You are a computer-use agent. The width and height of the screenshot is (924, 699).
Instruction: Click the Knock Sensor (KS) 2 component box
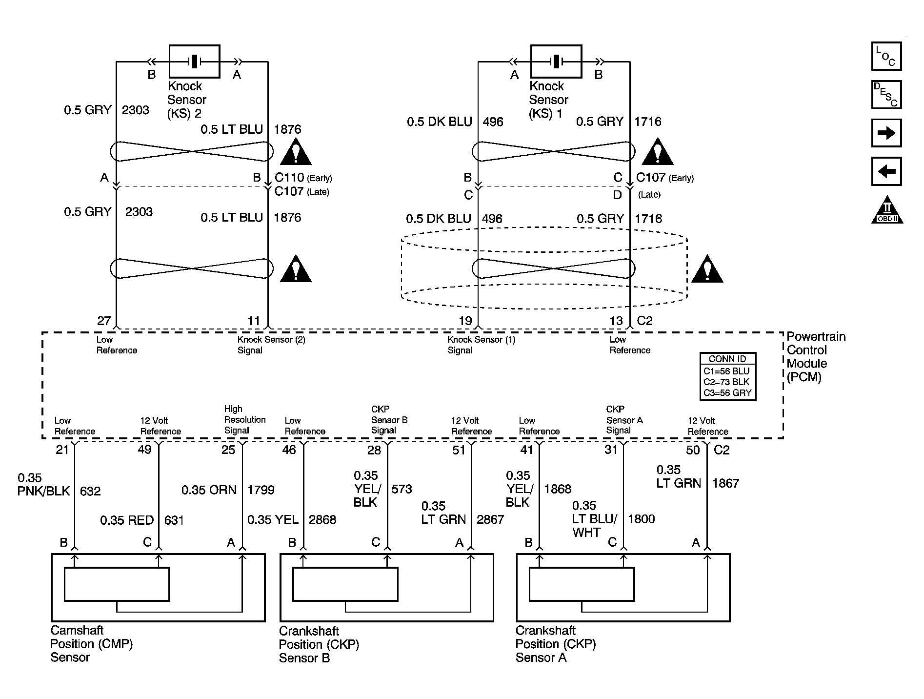194,62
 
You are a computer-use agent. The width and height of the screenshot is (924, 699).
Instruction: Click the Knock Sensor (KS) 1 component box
556,62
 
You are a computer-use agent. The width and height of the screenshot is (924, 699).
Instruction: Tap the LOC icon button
886,56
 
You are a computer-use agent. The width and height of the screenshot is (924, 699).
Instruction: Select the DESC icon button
886,94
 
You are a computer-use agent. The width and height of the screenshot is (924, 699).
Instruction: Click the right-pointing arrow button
886,133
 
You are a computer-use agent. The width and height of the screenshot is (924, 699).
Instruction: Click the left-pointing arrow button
886,171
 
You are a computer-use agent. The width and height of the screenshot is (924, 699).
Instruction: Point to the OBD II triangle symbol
887,210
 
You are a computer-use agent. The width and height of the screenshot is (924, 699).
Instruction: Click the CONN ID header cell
727,359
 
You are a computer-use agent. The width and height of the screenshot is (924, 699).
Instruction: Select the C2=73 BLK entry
726,382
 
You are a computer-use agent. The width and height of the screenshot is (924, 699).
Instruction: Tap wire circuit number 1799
261,490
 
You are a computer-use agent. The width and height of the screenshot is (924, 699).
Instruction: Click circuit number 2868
322,520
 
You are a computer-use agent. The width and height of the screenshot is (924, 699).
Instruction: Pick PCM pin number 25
228,450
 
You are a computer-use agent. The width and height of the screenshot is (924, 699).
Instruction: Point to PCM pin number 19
465,321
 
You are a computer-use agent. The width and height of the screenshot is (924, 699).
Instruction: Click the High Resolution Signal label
245,420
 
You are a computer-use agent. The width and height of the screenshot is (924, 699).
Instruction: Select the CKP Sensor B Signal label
389,420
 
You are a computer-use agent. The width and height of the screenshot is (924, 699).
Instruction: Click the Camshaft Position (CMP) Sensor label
92,644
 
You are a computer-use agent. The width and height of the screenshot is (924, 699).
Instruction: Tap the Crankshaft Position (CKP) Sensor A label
556,644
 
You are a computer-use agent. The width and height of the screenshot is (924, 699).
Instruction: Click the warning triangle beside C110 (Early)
296,151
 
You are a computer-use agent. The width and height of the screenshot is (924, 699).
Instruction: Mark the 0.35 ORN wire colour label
209,490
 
